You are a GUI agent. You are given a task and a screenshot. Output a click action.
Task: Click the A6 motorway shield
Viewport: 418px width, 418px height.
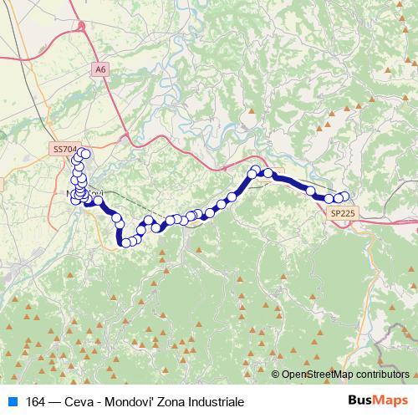coord(100,69)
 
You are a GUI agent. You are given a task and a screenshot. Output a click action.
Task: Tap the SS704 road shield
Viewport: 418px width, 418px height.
coord(64,149)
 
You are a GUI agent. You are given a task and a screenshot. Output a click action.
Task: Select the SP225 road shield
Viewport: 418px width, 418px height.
coord(342,214)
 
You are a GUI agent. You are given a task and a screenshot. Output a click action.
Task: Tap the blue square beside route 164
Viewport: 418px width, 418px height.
coord(12,401)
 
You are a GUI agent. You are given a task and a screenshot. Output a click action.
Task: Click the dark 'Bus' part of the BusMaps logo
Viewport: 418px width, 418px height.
coord(361,400)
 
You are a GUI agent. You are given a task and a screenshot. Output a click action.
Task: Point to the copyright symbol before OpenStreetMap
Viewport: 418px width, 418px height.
coord(276,375)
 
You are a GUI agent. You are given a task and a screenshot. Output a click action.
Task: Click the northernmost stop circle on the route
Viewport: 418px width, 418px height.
coord(84,153)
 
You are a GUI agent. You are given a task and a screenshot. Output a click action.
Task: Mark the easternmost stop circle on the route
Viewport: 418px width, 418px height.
coord(344,197)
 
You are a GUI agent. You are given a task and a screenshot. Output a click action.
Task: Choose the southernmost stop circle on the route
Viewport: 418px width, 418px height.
coord(126,242)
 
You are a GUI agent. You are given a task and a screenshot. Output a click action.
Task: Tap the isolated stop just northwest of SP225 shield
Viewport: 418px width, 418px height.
coord(311,191)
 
